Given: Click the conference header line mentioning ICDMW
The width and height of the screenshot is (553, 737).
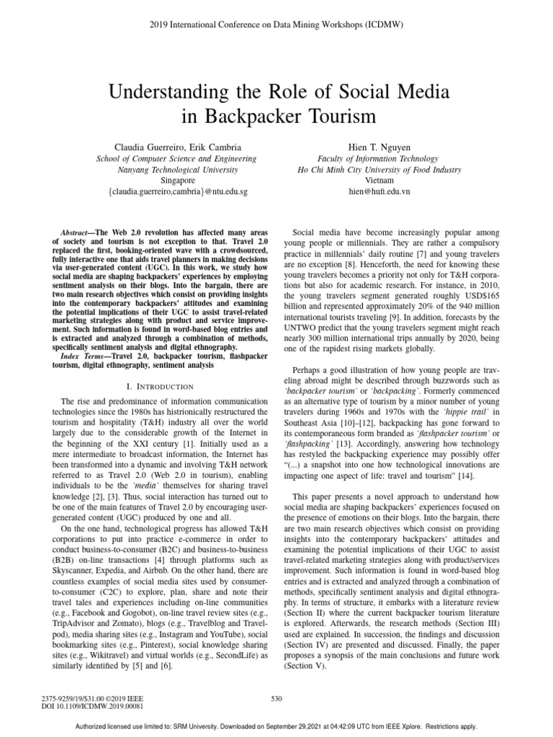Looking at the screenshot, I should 276,24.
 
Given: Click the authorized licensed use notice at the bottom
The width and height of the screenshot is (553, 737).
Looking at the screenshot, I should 276,726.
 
